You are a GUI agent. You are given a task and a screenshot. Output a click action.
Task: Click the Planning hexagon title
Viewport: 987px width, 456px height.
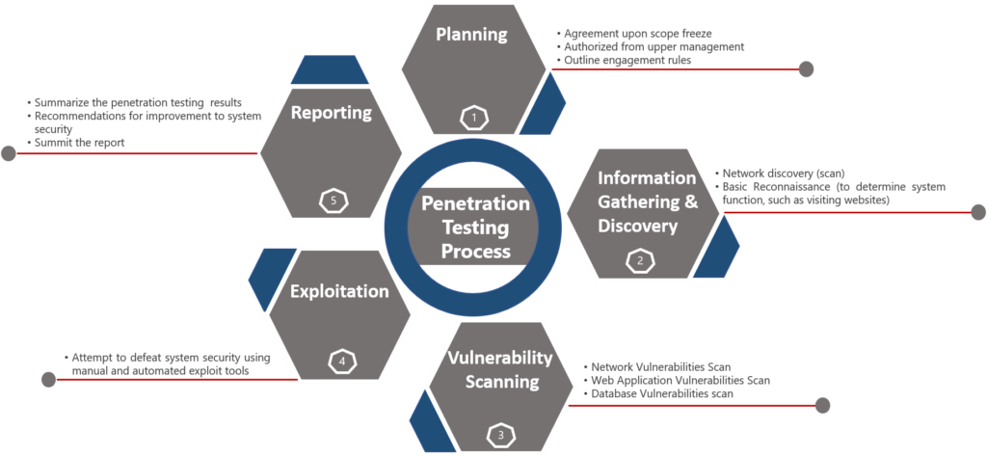click(471, 35)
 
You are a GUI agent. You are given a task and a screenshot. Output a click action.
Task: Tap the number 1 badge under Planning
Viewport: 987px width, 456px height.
click(473, 118)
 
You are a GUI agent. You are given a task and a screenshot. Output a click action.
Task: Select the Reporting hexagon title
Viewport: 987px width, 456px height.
click(332, 113)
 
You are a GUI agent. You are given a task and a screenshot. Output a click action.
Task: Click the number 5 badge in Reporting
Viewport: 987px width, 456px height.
click(333, 201)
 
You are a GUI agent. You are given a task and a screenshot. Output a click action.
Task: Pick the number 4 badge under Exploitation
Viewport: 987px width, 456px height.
click(341, 362)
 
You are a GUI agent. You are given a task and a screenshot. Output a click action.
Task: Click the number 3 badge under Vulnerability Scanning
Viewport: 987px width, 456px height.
click(500, 436)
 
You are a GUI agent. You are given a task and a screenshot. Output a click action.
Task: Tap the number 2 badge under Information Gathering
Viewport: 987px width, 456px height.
click(638, 260)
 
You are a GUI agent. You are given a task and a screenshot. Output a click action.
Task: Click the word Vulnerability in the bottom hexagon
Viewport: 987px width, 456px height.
click(500, 359)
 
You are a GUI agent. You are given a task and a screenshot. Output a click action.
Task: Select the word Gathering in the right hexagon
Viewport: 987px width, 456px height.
click(641, 201)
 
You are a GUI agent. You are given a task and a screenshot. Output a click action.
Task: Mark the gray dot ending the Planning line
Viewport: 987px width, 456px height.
click(806, 68)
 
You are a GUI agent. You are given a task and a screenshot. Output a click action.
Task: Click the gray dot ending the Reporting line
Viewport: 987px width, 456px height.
click(9, 152)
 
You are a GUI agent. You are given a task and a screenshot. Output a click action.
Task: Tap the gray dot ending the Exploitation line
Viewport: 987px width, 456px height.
click(47, 379)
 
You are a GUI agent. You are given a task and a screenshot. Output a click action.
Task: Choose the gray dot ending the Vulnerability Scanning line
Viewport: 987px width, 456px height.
click(822, 405)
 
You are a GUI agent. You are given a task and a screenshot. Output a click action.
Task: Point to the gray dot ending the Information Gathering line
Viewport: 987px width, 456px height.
click(977, 212)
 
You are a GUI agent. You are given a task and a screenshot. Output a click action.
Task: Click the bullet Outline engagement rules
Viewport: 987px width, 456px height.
click(627, 60)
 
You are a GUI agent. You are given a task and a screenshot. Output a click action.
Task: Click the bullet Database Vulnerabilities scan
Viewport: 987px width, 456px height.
click(663, 393)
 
